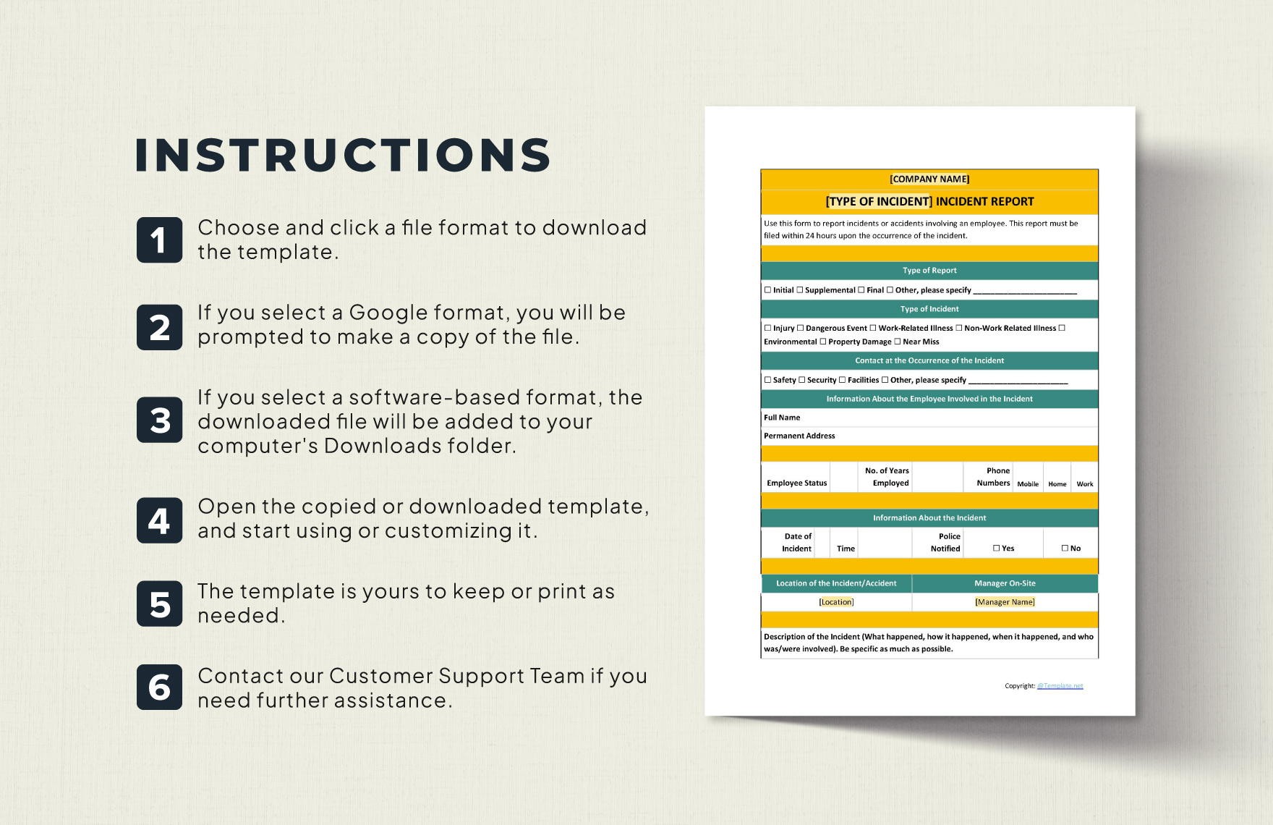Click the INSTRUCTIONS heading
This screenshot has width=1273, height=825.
coord(344,155)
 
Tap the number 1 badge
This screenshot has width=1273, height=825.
coord(160,240)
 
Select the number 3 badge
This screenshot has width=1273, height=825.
coord(160,420)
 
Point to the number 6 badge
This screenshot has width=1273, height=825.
coord(160,687)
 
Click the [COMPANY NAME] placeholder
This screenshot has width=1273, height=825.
coord(929,179)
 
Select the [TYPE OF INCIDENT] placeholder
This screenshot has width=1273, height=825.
coord(879,202)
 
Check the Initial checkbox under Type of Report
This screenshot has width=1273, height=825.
coord(768,290)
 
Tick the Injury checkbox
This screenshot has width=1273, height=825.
coord(768,328)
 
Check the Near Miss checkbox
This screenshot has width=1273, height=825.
coord(898,342)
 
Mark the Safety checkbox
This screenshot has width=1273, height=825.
coord(768,380)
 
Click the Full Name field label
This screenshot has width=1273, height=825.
coord(782,418)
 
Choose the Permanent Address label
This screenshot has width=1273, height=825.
coord(799,436)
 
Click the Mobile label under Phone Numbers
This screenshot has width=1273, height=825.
coord(1028,484)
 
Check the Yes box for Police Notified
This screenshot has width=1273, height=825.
coord(997,549)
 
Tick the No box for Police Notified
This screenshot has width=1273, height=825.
coord(1065,549)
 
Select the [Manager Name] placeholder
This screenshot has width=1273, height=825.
coord(1005,602)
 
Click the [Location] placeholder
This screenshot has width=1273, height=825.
coord(836,602)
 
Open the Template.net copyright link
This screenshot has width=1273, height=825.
coord(1060,686)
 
